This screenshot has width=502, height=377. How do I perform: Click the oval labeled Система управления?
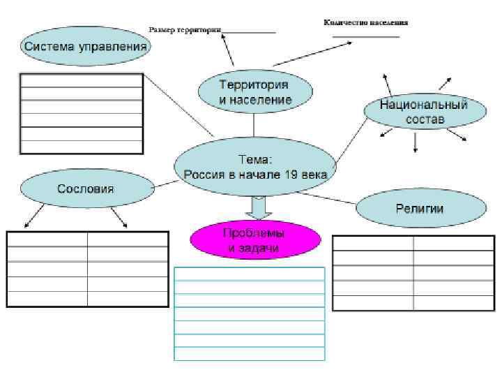(x=85, y=47)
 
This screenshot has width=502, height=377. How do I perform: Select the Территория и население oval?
(x=254, y=93)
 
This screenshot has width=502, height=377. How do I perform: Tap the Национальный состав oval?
(x=424, y=112)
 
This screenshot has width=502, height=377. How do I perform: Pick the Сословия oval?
(x=86, y=188)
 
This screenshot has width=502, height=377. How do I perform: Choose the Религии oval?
(x=420, y=208)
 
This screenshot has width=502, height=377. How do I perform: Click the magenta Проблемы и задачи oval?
(x=255, y=240)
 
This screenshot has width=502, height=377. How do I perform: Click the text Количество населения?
(x=365, y=22)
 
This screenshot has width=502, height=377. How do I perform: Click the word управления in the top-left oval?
(x=115, y=47)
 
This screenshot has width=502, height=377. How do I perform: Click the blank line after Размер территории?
(x=249, y=32)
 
